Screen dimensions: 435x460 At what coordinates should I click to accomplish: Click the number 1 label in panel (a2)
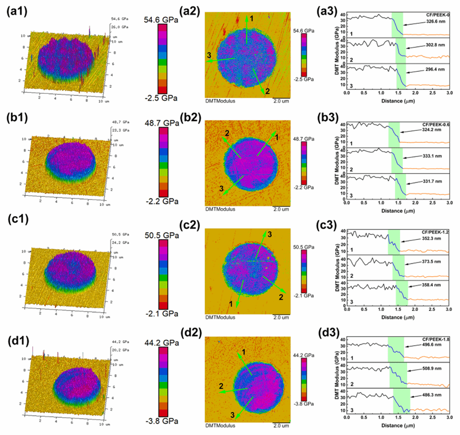[252, 19]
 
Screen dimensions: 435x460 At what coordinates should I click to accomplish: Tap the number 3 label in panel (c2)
[269, 234]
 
